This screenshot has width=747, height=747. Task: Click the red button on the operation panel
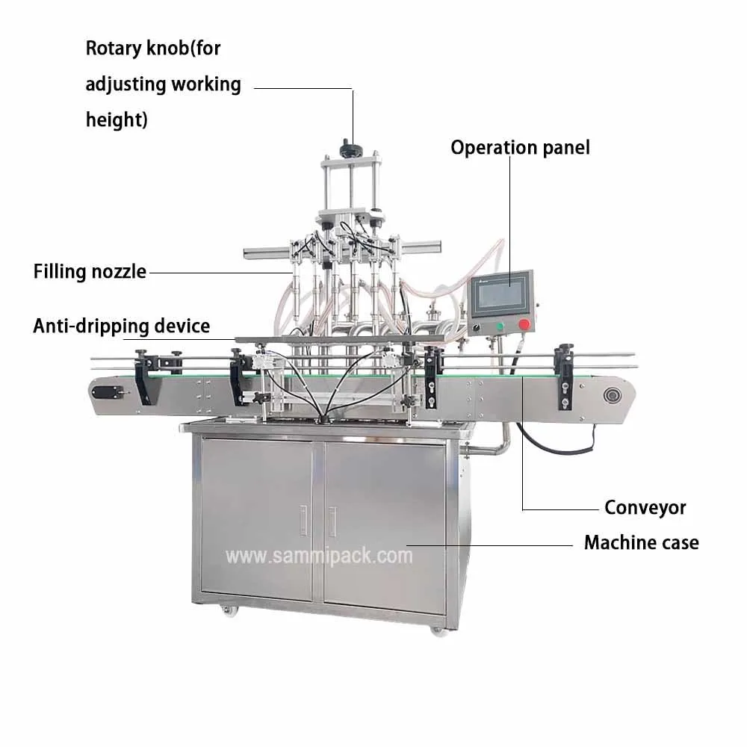[524, 325]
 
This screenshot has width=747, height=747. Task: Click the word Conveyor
[645, 508]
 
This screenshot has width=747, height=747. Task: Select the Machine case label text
[641, 542]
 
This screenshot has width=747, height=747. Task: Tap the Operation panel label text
[520, 147]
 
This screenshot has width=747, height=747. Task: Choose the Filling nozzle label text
[90, 271]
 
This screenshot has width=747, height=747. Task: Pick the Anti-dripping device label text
[121, 326]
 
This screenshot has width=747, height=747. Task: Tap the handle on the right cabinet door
[332, 520]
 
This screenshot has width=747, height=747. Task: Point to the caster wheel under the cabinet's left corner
[227, 610]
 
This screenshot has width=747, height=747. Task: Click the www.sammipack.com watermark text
[319, 556]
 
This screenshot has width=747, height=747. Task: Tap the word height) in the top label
[116, 119]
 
